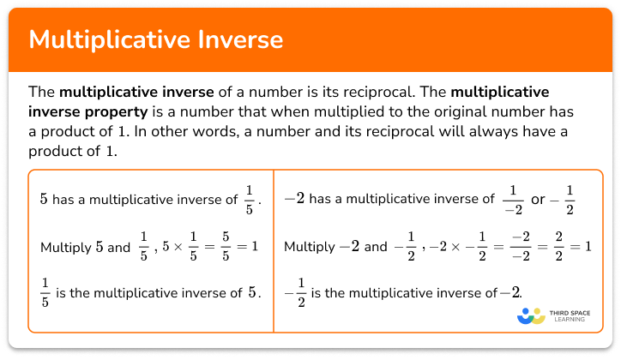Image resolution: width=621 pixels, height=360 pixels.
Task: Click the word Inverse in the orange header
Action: pyautogui.click(x=234, y=40)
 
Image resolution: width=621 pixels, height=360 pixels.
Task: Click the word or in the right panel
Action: pyautogui.click(x=538, y=200)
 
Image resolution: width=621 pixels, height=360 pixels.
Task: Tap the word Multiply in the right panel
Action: pyautogui.click(x=309, y=248)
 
